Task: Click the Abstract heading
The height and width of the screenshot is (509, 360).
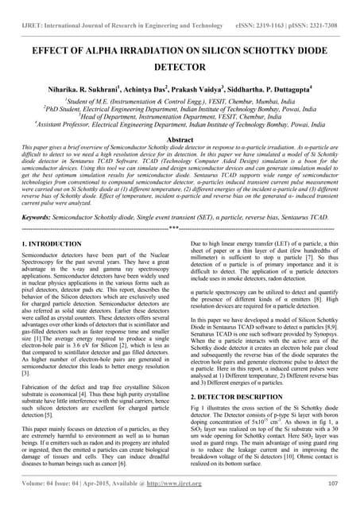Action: coord(180,138)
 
